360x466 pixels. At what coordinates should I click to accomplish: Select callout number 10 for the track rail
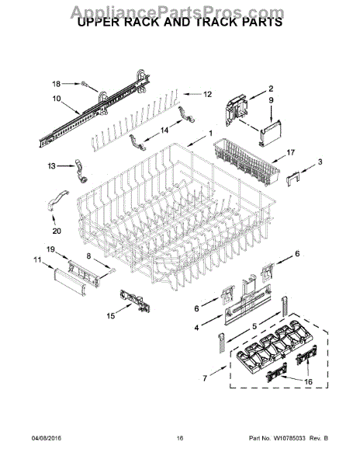(56, 99)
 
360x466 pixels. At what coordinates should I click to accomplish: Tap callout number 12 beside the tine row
(207, 94)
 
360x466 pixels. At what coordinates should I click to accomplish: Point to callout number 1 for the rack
(209, 133)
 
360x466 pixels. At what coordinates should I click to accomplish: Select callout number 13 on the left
(52, 166)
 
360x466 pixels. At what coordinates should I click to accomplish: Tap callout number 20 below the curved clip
(56, 230)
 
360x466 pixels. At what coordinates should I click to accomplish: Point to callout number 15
(111, 316)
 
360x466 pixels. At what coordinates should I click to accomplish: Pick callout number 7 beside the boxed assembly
(204, 378)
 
